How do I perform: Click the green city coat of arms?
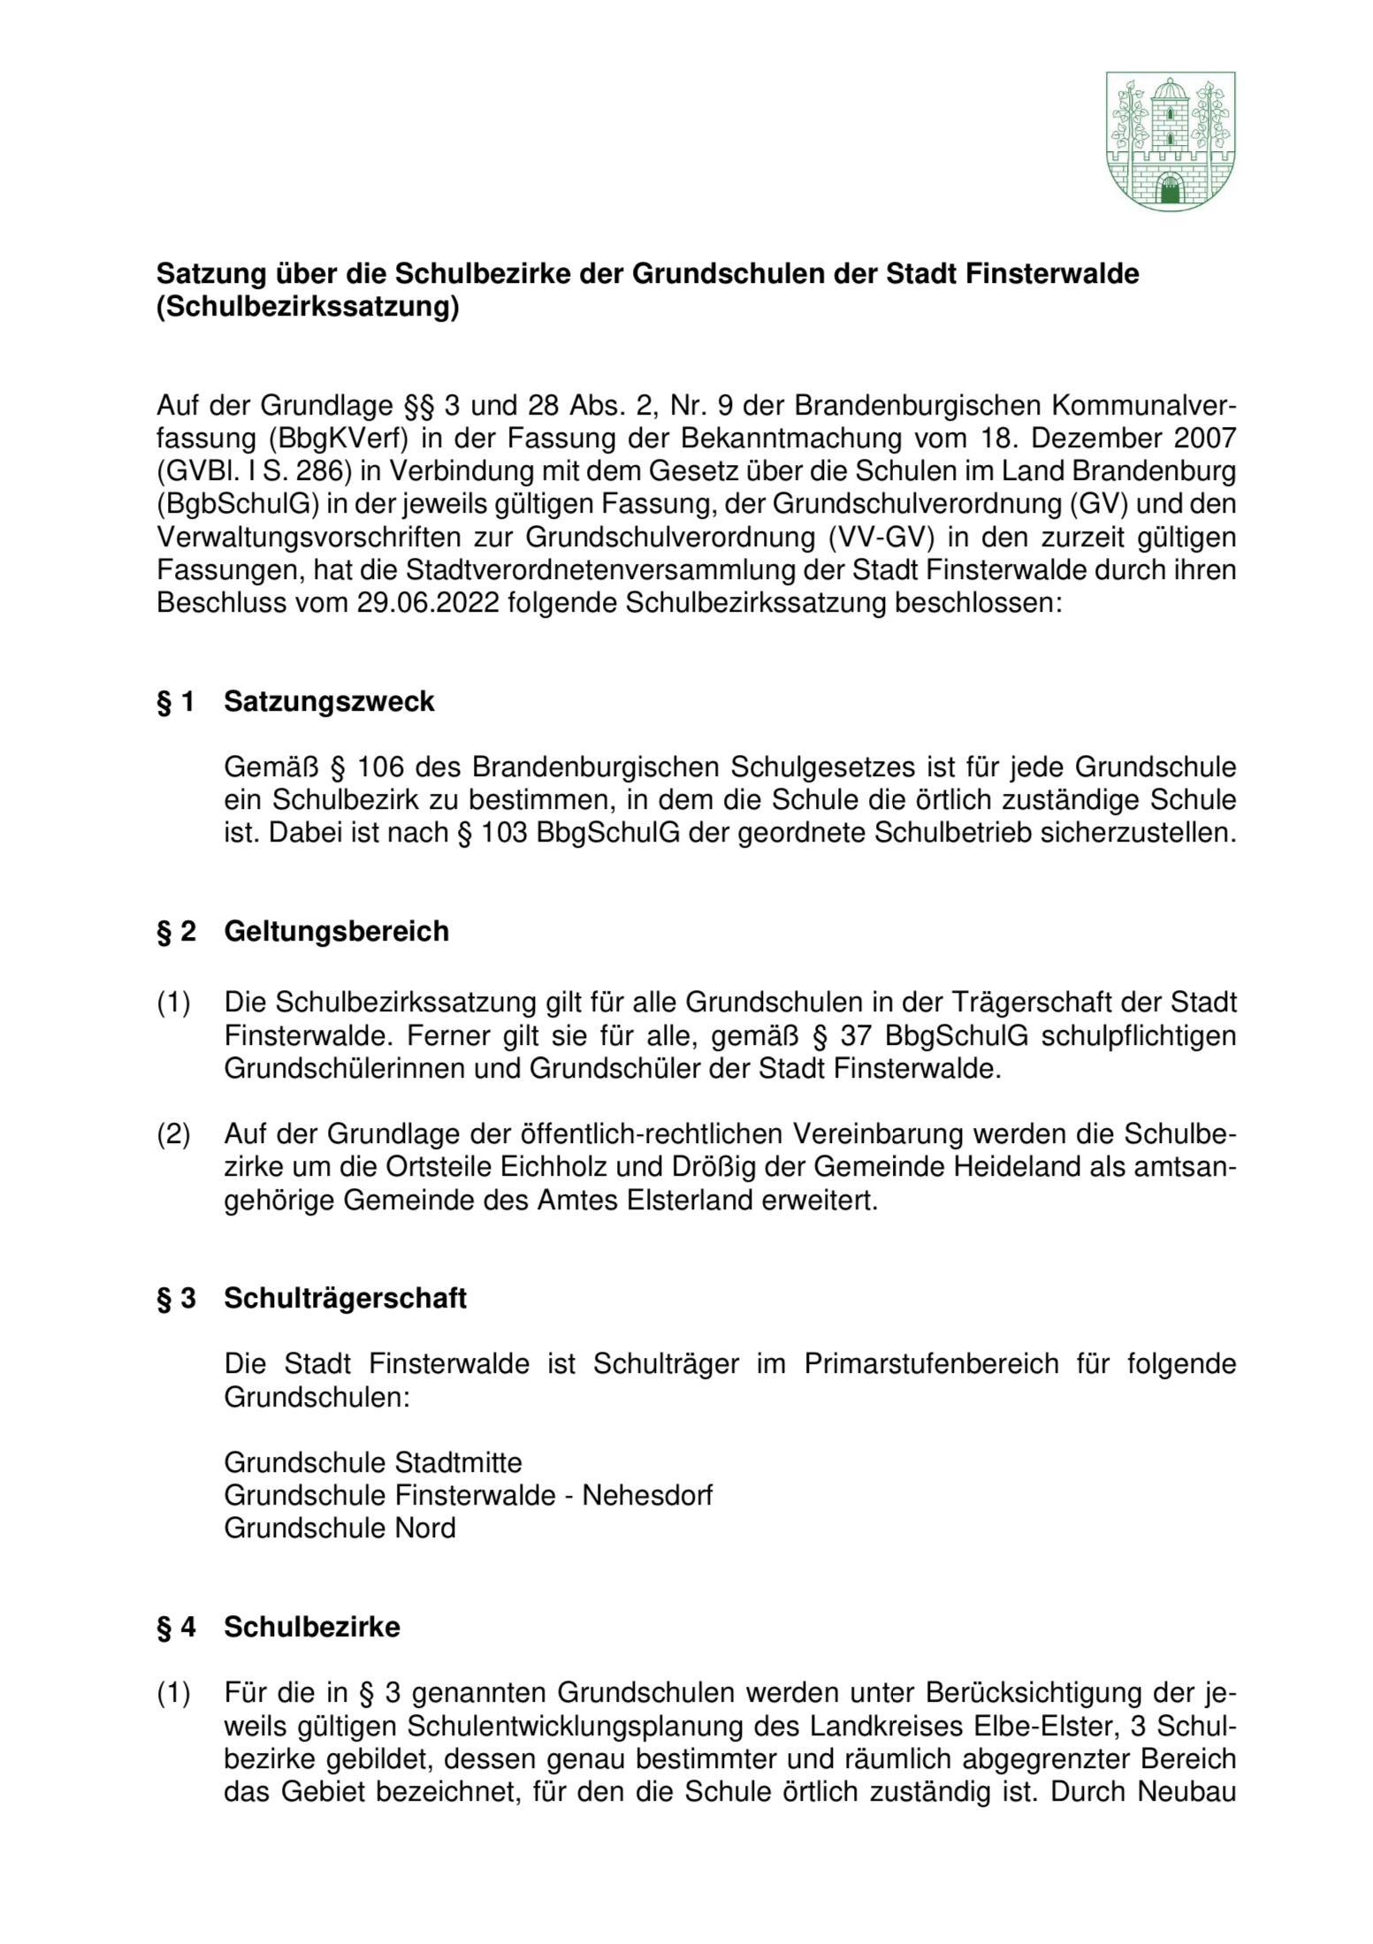tap(1170, 141)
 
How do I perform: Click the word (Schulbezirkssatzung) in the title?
tap(308, 309)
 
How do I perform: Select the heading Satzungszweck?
tap(329, 701)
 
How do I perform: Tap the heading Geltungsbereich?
tap(336, 931)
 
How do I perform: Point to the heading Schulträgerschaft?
tap(345, 1299)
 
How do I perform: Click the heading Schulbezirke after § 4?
tap(311, 1628)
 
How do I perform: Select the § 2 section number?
tap(176, 932)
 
